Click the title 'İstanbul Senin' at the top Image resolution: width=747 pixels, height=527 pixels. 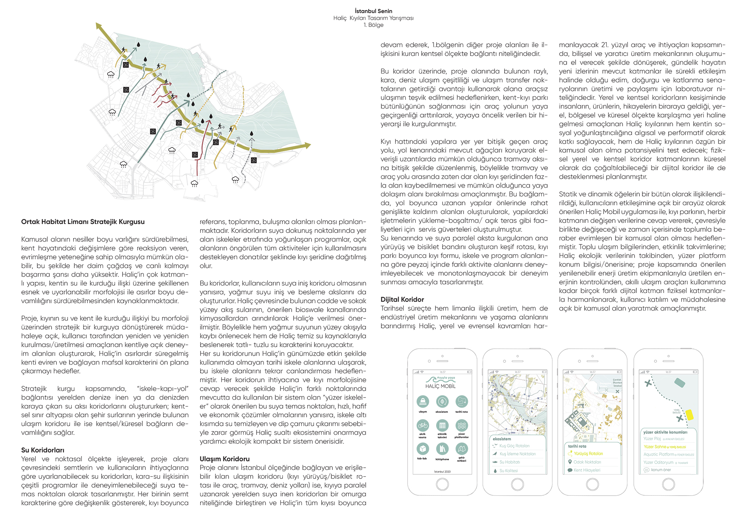373,11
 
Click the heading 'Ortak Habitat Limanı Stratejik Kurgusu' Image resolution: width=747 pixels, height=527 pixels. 83,222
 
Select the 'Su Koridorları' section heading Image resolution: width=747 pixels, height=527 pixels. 43,450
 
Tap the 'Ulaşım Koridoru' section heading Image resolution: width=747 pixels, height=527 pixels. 224,459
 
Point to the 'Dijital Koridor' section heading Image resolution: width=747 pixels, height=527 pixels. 402,299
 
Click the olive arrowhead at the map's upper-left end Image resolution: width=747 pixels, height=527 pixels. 99,26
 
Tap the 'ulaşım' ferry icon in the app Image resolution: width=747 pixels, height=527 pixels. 422,402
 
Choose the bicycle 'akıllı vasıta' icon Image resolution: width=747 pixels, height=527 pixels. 422,425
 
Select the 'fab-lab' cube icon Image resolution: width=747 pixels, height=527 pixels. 422,448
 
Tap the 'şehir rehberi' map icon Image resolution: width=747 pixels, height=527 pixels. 462,449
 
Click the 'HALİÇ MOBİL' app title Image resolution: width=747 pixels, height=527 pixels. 440,386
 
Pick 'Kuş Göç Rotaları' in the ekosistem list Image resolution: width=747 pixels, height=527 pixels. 514,446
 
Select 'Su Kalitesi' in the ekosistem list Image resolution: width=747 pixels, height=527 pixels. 508,471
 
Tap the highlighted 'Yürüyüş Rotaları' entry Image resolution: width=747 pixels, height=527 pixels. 588,453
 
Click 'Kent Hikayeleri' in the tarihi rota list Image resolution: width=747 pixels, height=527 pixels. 587,470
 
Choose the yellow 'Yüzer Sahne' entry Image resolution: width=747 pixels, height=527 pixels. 655,447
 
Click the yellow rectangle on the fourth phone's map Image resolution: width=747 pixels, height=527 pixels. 689,415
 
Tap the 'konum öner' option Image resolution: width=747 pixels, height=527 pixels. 661,470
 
